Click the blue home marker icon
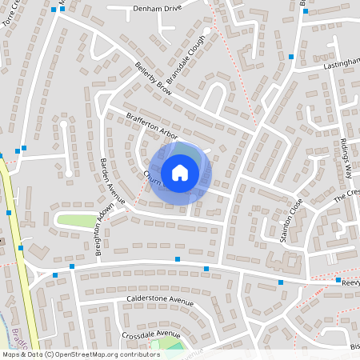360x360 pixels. coord(180,172)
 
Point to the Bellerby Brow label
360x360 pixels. coord(154,74)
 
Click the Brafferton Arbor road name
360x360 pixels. coord(151,126)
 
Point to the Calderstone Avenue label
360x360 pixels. coord(160,302)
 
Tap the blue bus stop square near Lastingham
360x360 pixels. coord(291,57)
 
